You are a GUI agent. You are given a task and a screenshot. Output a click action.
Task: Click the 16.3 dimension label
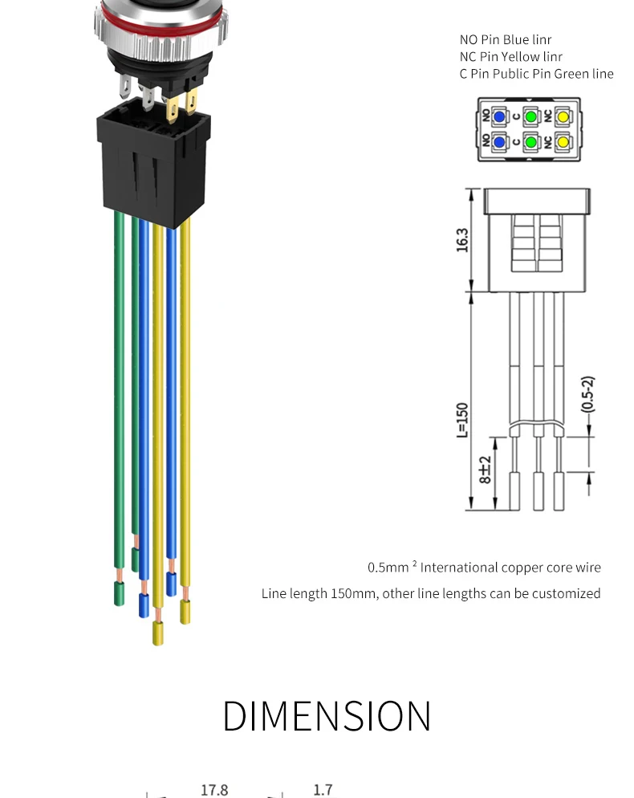[462, 239]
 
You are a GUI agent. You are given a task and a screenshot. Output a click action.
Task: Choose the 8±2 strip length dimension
[485, 470]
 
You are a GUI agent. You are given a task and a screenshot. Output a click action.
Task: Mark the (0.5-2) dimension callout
[587, 394]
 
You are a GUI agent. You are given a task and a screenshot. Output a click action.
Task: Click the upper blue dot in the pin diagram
[499, 116]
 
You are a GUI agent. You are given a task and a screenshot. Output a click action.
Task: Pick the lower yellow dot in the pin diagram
[563, 142]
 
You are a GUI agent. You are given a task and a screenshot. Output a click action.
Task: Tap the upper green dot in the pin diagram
[530, 116]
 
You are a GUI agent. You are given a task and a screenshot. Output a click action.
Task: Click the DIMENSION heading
[327, 715]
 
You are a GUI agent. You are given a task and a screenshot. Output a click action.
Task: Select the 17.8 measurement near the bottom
[214, 790]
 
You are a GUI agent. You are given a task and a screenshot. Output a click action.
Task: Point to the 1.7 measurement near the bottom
[323, 790]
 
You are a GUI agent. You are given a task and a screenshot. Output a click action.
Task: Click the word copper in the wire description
[526, 568]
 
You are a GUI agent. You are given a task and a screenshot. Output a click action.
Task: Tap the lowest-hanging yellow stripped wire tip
[158, 633]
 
